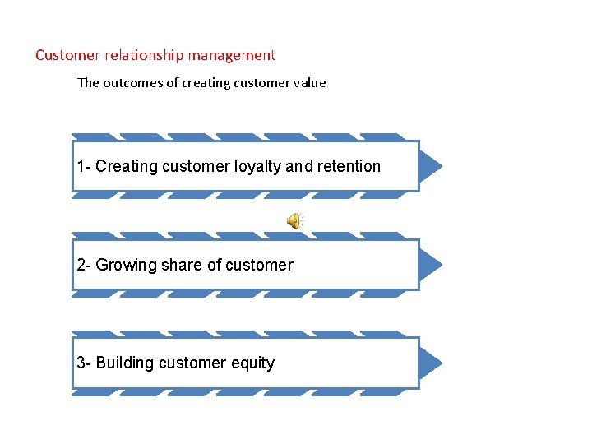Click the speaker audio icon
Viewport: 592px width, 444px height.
[x=294, y=220]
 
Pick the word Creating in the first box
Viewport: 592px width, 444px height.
[x=127, y=167]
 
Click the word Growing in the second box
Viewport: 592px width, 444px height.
[x=126, y=266]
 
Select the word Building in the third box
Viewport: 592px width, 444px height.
[x=127, y=363]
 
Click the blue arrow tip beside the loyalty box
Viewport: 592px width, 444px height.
[x=430, y=166]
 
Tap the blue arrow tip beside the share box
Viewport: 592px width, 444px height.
[x=430, y=265]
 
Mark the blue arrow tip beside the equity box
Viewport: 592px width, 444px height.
[x=430, y=363]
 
